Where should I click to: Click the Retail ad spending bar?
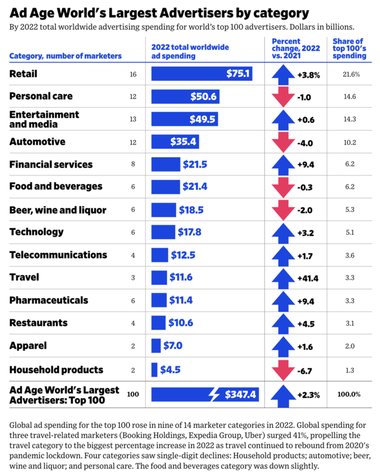[x=202, y=74]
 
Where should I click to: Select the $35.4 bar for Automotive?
[x=172, y=142]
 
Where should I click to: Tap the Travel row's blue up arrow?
[x=279, y=277]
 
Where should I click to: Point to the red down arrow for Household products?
[x=279, y=370]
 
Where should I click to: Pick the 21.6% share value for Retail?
[x=351, y=74]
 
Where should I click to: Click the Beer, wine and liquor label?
[x=58, y=210]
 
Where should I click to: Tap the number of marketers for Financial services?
[x=133, y=165]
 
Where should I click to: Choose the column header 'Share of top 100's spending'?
[x=348, y=48]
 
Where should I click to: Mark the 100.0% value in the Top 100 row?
[x=349, y=394]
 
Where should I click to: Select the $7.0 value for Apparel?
[x=172, y=346]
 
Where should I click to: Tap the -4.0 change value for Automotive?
[x=306, y=142]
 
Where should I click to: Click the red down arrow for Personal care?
[x=279, y=97]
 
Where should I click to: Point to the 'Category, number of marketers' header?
[x=65, y=56]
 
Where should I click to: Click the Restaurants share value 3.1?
[x=350, y=323]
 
